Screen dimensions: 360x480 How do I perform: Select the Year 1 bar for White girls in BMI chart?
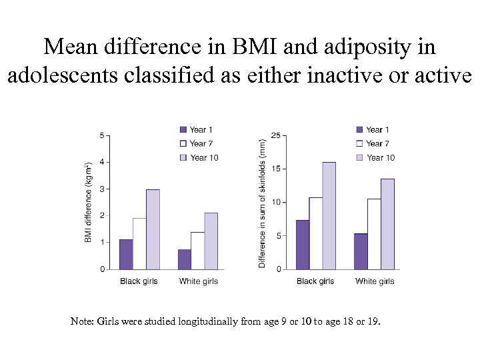pyautogui.click(x=185, y=259)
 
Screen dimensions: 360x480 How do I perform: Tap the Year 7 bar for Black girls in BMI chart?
pyautogui.click(x=139, y=243)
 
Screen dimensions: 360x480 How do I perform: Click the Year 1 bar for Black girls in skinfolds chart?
pyautogui.click(x=302, y=245)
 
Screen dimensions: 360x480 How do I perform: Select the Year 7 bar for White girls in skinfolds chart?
pyautogui.click(x=374, y=234)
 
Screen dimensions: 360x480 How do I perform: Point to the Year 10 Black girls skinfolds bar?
pyautogui.click(x=329, y=215)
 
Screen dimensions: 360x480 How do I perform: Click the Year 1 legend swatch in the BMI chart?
pyautogui.click(x=183, y=129)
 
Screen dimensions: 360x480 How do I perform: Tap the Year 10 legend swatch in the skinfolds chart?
pyautogui.click(x=361, y=157)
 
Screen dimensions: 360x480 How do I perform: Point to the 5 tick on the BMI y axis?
pyautogui.click(x=101, y=135)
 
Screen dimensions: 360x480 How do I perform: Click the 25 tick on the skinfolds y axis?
pyautogui.click(x=275, y=135)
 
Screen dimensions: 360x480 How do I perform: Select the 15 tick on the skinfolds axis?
pyautogui.click(x=275, y=169)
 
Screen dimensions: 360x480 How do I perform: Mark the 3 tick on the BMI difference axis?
pyautogui.click(x=101, y=189)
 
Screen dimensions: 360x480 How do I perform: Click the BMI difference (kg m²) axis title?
pyautogui.click(x=88, y=202)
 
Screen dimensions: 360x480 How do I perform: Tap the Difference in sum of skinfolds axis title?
pyautogui.click(x=262, y=203)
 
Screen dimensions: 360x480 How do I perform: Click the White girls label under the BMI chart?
pyautogui.click(x=198, y=281)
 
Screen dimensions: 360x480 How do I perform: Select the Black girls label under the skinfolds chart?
pyautogui.click(x=315, y=281)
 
